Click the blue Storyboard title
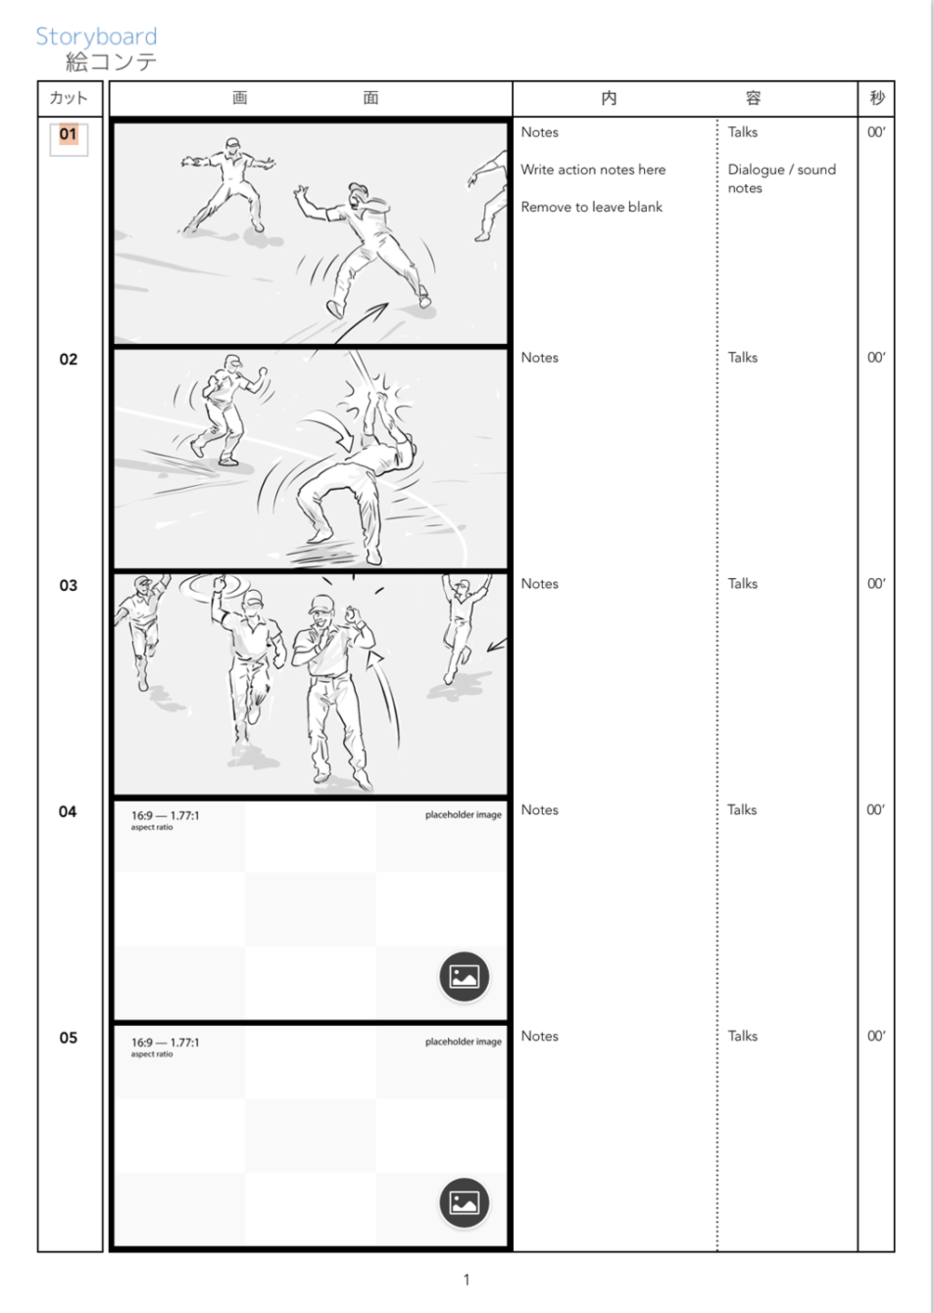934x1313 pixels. click(x=96, y=36)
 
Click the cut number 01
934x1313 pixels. click(x=68, y=134)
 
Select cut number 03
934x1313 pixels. click(x=68, y=585)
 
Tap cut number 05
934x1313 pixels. click(x=68, y=1037)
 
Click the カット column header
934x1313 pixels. click(x=69, y=98)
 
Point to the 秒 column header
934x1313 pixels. click(x=876, y=98)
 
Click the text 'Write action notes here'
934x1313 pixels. click(x=593, y=170)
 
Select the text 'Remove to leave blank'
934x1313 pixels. click(x=591, y=207)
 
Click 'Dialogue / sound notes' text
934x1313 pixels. click(x=781, y=178)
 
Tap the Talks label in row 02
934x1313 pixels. click(x=743, y=358)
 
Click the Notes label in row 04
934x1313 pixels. click(x=539, y=810)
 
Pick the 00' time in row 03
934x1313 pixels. click(x=875, y=584)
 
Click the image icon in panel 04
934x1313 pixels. click(x=464, y=977)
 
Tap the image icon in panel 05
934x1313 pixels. click(x=464, y=1202)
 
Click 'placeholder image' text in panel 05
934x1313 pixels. click(x=463, y=1042)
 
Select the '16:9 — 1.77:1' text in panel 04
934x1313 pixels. click(x=164, y=816)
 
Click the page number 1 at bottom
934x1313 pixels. click(x=467, y=1280)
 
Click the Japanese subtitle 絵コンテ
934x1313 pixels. click(x=111, y=62)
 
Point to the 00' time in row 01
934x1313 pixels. click(x=875, y=132)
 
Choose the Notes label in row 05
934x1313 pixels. click(x=539, y=1036)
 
